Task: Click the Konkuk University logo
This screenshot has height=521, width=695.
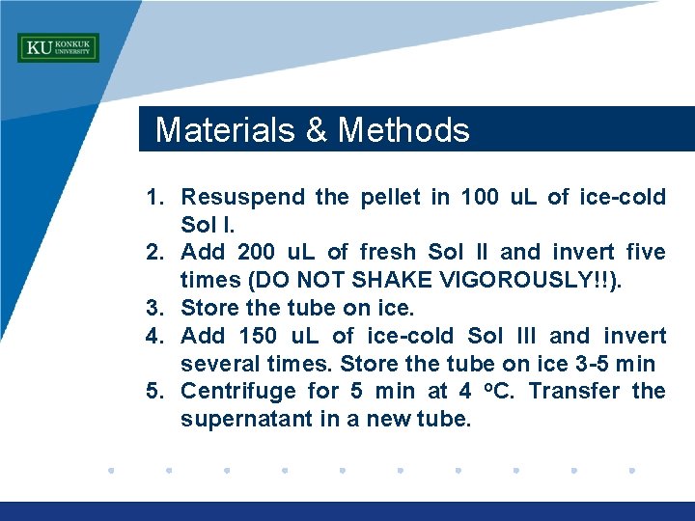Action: pos(58,48)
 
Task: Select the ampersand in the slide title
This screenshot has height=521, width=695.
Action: pos(317,130)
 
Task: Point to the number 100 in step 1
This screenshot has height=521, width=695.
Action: pos(480,198)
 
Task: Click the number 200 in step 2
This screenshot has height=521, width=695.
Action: pos(256,253)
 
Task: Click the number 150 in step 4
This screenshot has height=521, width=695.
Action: pos(256,337)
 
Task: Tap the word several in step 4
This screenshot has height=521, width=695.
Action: pos(217,365)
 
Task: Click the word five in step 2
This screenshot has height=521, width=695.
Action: pos(646,253)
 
